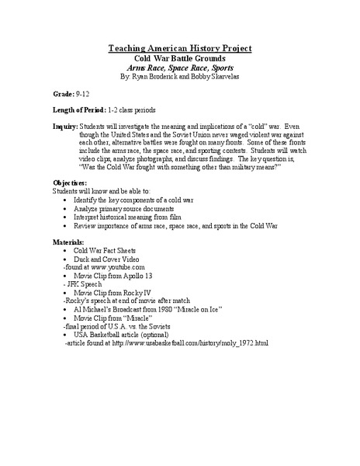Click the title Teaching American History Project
click(x=180, y=48)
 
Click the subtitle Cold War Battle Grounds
click(x=180, y=58)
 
